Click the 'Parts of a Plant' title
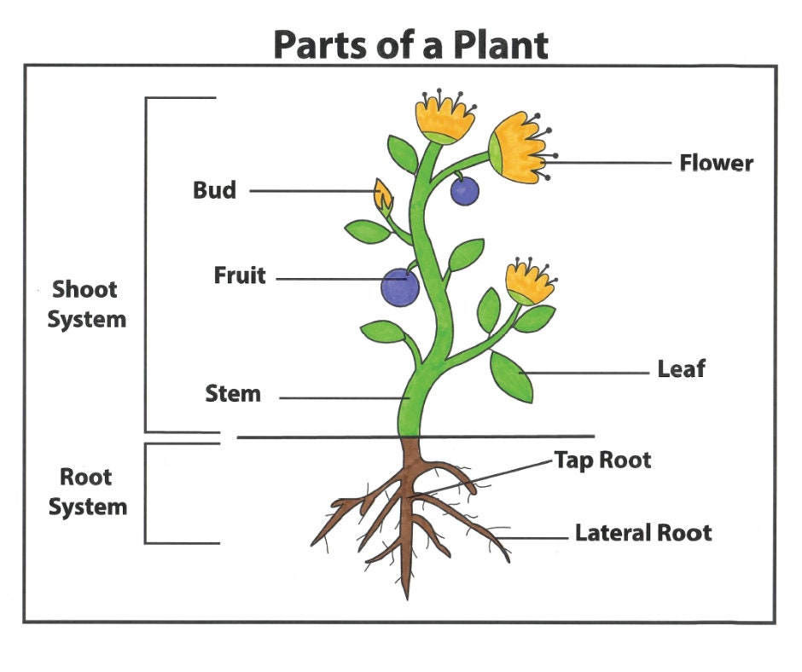[x=410, y=44]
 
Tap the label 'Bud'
[x=214, y=189]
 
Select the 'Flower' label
[x=716, y=162]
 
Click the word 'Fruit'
[x=240, y=276]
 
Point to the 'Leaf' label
[x=681, y=369]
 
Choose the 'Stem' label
[x=232, y=394]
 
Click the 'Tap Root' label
[x=602, y=461]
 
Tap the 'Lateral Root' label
[x=642, y=534]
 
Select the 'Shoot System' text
[x=86, y=304]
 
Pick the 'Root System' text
[x=87, y=492]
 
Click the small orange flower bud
[x=384, y=196]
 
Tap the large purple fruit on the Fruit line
[x=399, y=287]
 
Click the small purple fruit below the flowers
[x=465, y=192]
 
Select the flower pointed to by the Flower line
[x=517, y=148]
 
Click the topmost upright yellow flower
[x=445, y=119]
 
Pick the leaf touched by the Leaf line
[x=511, y=376]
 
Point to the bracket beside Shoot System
[x=146, y=264]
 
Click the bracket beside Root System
[x=146, y=493]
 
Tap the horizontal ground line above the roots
[x=415, y=437]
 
